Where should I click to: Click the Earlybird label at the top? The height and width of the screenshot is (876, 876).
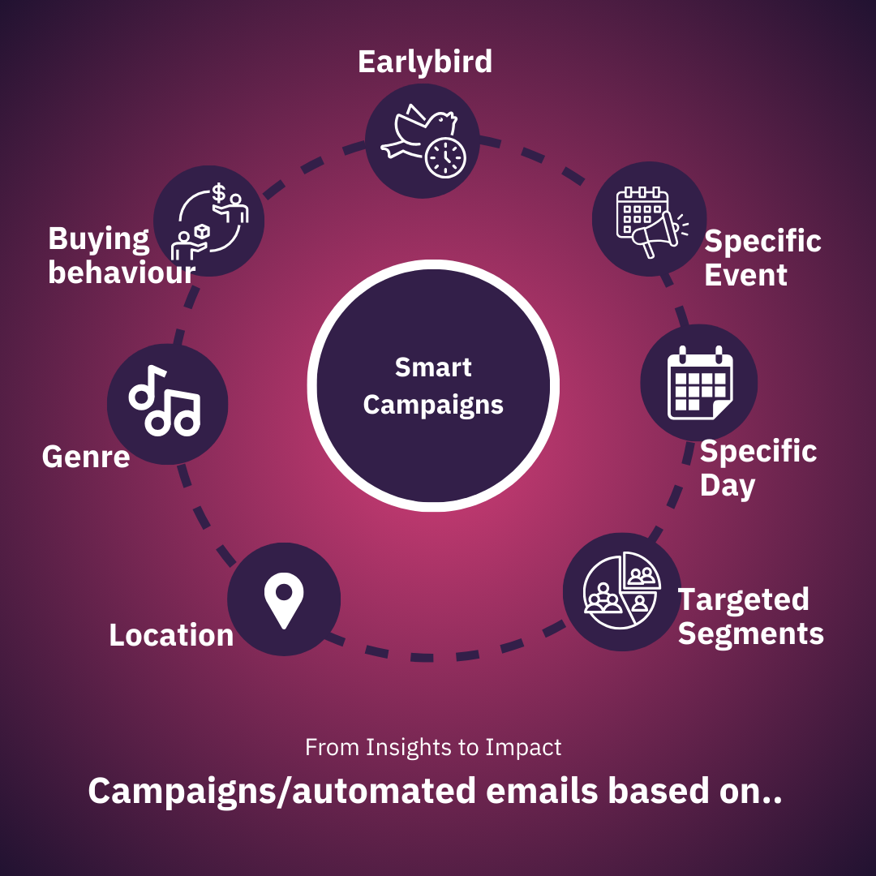425,62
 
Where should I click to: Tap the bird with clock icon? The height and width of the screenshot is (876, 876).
422,140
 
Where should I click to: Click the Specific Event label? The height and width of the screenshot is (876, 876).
762,258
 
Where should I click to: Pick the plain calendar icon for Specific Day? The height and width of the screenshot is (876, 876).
699,383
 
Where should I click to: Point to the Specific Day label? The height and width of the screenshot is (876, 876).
758,468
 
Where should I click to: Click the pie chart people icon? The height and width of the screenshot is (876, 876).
621,592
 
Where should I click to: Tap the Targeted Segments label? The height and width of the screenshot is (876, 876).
750,616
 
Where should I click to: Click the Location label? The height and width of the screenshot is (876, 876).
171,635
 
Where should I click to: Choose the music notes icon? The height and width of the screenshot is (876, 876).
166,403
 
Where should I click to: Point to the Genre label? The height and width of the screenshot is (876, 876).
86,457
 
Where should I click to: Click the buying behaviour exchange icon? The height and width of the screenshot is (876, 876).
209,220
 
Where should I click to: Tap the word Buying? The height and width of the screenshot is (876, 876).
99,239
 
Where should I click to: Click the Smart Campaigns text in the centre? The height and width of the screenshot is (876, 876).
433,385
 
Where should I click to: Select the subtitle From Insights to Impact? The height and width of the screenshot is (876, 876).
433,747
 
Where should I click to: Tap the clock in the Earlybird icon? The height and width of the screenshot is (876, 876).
445,157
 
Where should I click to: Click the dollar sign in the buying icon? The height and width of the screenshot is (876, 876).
219,193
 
